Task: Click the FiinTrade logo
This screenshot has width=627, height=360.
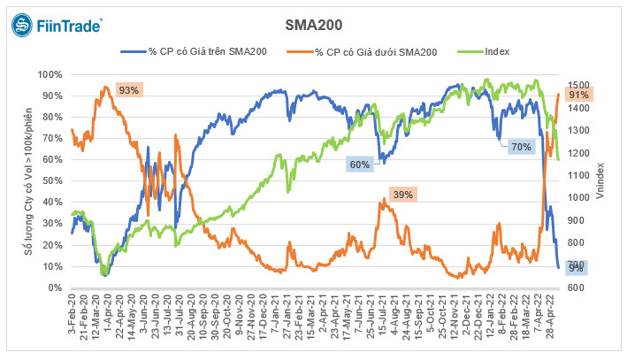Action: tap(57, 27)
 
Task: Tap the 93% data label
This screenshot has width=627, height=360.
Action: tap(129, 90)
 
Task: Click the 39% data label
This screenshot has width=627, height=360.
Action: tap(402, 194)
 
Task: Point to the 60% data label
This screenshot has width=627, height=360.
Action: tap(359, 165)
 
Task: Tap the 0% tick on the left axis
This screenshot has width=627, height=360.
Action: tap(53, 288)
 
